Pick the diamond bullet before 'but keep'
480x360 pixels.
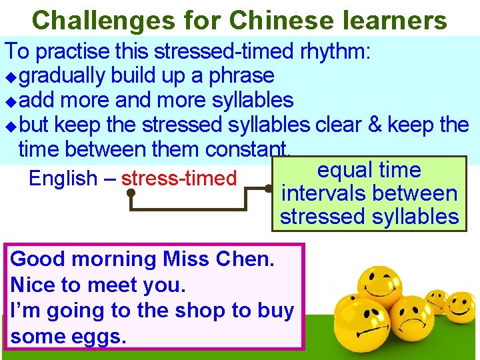point(9,126)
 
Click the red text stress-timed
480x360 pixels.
point(179,179)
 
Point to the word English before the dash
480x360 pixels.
point(63,179)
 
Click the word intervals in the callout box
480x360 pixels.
point(325,194)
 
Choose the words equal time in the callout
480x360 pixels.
point(369,171)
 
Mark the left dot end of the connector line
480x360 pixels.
point(132,193)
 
